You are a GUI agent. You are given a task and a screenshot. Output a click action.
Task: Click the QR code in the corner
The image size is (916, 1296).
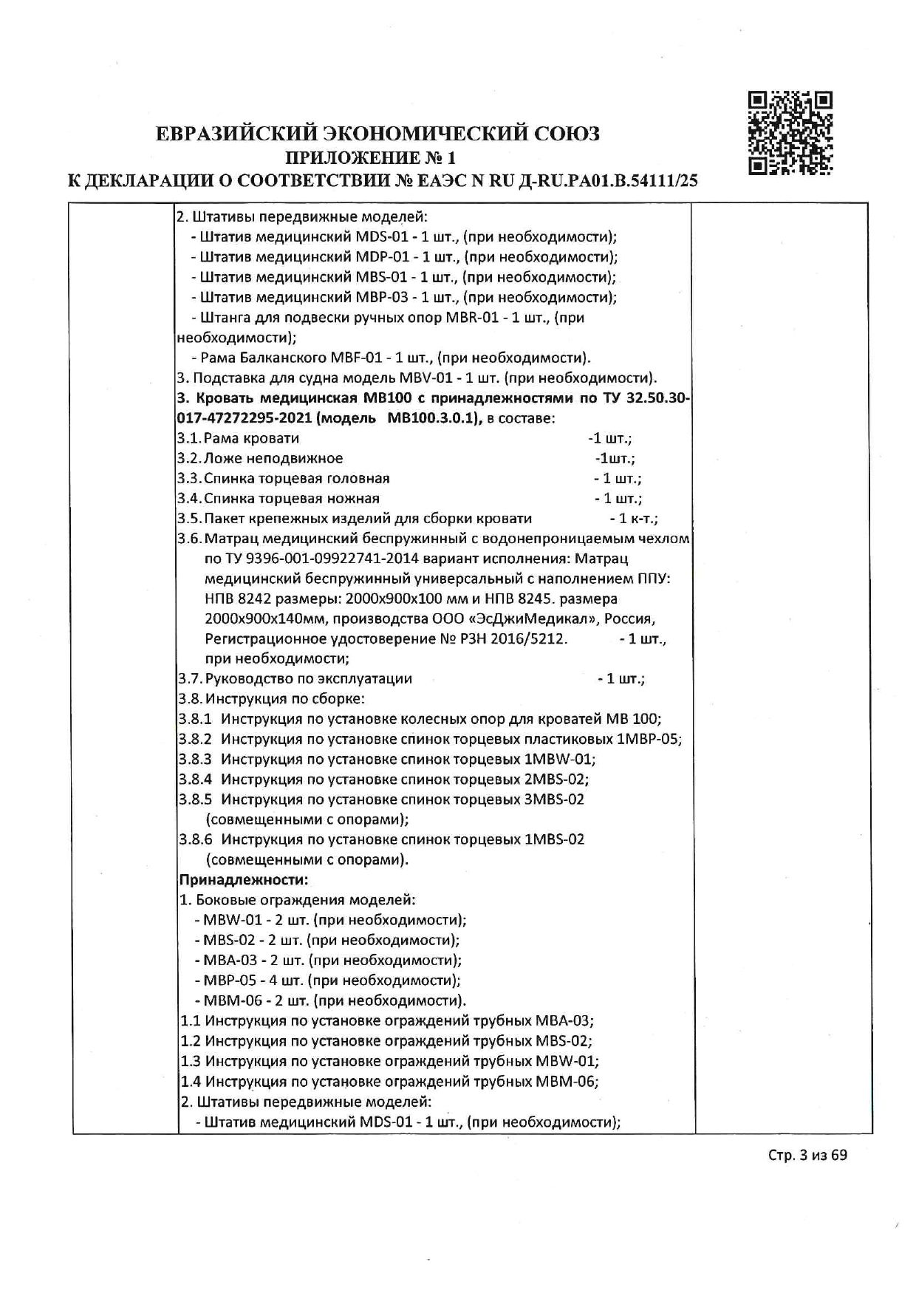coord(790,133)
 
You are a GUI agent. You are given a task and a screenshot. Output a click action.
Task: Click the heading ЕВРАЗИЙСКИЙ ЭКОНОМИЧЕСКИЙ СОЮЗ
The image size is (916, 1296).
coord(377,134)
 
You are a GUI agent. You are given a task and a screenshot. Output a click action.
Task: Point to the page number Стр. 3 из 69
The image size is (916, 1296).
coord(807,1176)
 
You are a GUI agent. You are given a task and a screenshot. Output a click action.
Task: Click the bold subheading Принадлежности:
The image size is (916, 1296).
coord(244,879)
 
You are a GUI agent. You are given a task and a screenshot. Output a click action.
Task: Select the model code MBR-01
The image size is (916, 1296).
coord(475,318)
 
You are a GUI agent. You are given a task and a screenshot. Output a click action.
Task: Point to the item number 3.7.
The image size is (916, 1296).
coord(189,678)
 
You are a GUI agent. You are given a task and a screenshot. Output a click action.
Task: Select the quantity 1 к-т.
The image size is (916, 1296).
coord(634,519)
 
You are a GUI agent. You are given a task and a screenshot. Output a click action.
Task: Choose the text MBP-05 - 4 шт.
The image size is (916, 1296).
coord(249,980)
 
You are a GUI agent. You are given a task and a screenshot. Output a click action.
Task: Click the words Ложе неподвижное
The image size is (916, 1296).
coord(273,459)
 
